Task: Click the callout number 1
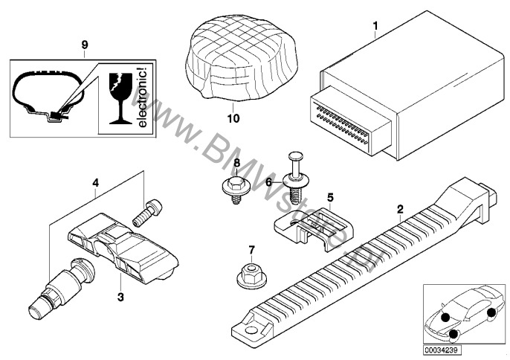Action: pyautogui.click(x=375, y=25)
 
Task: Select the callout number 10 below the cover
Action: pyautogui.click(x=233, y=118)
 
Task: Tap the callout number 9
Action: pyautogui.click(x=85, y=45)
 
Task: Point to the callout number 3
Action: pyautogui.click(x=120, y=297)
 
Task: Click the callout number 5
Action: pyautogui.click(x=330, y=197)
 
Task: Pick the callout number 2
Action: pyautogui.click(x=400, y=209)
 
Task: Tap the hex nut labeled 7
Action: pyautogui.click(x=250, y=277)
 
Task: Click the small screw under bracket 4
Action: pyautogui.click(x=148, y=213)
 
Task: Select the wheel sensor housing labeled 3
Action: pyautogui.click(x=123, y=248)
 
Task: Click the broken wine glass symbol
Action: pyautogui.click(x=120, y=98)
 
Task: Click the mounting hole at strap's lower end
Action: pyautogui.click(x=251, y=330)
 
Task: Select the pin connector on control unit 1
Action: pyautogui.click(x=349, y=123)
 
